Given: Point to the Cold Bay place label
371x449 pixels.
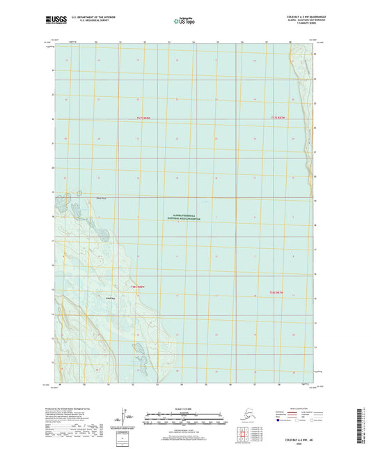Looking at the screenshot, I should [109, 298].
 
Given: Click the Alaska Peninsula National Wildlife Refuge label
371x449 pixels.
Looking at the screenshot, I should [186, 218].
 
